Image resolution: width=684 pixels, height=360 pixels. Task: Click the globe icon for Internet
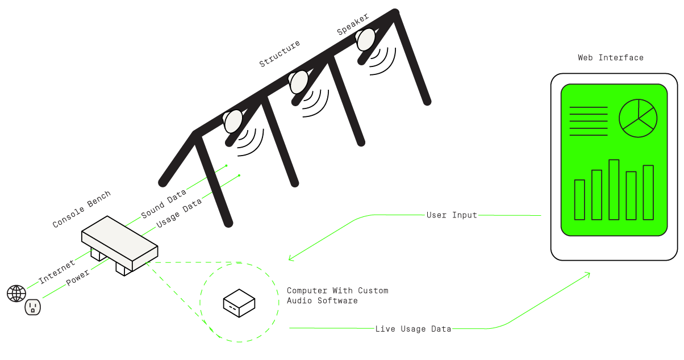(x=16, y=294)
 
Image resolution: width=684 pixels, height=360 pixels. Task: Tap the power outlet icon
(x=33, y=307)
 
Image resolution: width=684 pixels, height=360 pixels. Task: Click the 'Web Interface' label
(x=610, y=58)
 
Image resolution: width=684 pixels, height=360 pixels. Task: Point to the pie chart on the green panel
(x=638, y=118)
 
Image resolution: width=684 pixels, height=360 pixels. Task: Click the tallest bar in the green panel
(x=614, y=190)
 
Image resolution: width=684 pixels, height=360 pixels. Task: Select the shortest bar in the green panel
(x=579, y=200)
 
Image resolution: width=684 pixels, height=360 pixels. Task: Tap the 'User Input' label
(x=452, y=215)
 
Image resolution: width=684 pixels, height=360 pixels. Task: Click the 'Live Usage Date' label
(x=413, y=329)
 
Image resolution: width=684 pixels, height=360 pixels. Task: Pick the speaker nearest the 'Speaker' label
(x=365, y=39)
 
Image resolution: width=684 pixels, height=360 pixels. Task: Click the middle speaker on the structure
(x=298, y=82)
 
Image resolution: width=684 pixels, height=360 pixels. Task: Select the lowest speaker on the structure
(x=232, y=121)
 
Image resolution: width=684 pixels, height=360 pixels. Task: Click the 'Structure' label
(x=280, y=53)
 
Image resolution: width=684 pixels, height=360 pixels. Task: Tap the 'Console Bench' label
(x=81, y=210)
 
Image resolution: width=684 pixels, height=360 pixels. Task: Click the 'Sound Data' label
(x=163, y=204)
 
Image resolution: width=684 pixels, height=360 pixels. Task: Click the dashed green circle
(x=239, y=302)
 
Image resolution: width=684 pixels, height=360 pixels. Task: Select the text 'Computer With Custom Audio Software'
(x=337, y=295)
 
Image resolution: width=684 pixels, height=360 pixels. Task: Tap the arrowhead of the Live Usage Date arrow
(x=589, y=274)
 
